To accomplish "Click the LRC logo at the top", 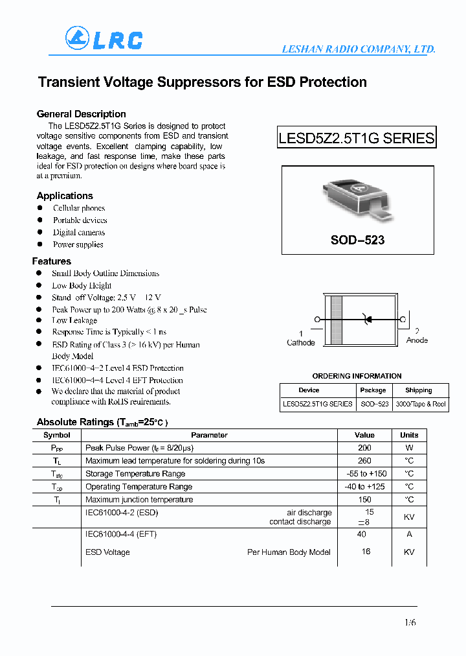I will coord(104,40).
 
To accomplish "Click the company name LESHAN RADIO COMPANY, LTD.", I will coord(358,49).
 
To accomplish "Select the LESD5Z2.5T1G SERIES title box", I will coord(356,138).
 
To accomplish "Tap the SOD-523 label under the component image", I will coord(357,240).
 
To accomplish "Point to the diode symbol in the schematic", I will coord(368,319).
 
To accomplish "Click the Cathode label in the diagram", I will coord(300,342).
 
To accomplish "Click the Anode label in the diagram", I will coord(417,340).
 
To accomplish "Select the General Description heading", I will coord(81,114).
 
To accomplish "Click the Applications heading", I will coord(65,196).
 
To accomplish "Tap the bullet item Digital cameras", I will coord(79,232).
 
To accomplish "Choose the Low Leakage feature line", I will coord(74,320).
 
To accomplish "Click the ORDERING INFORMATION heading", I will coord(357,376).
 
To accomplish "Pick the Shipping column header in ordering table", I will coord(418,390).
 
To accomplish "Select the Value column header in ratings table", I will coord(364,435).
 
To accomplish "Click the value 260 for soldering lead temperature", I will coord(364,461).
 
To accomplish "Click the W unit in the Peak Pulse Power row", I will coord(409,448).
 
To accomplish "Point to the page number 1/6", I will coord(410,623).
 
